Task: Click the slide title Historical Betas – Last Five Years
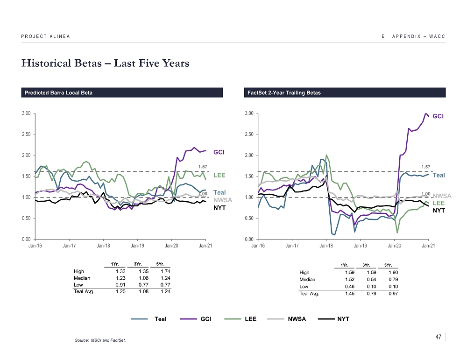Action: (105, 64)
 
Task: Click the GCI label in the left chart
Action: (219, 152)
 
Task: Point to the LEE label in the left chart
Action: (219, 176)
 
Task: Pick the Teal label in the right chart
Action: (439, 176)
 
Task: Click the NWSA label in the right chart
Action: (442, 196)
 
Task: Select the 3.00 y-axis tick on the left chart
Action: (26, 113)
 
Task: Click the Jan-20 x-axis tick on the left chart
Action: (172, 245)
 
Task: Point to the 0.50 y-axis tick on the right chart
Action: (249, 219)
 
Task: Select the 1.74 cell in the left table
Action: (164, 271)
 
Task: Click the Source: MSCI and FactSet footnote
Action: (100, 340)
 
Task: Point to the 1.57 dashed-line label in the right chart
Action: (425, 166)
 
